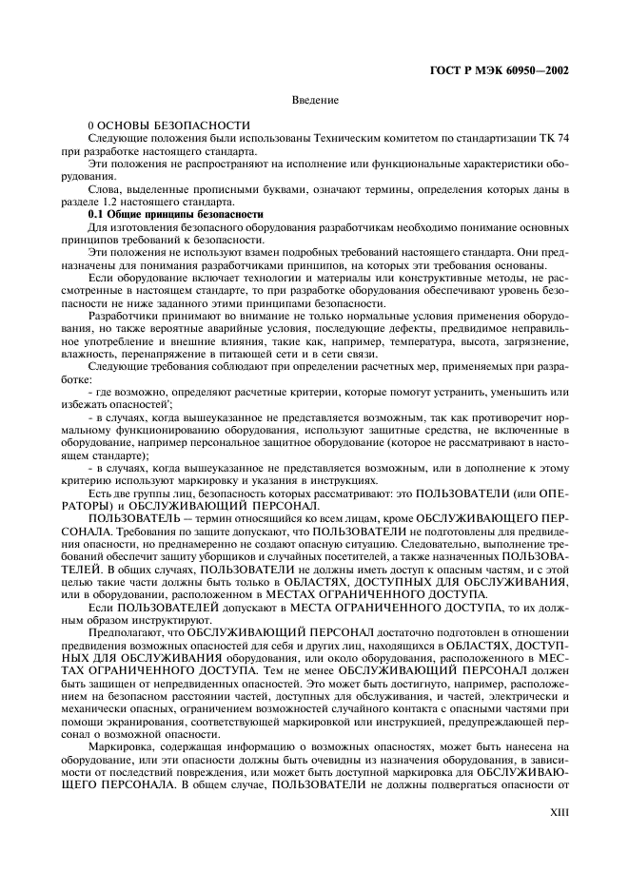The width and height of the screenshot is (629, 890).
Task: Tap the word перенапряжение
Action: coord(175,352)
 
